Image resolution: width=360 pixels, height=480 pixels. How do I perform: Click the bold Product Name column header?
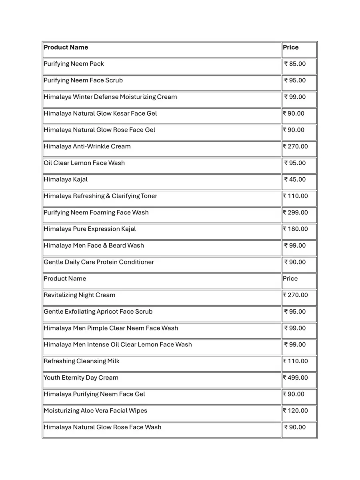pyautogui.click(x=66, y=48)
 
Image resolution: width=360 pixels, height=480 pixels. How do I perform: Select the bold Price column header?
pyautogui.click(x=291, y=48)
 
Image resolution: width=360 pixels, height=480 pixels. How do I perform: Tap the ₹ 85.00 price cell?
pyautogui.click(x=295, y=64)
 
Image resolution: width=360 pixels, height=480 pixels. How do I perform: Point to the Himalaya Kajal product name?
pyautogui.click(x=66, y=180)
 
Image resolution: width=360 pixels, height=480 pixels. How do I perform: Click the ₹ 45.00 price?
pyautogui.click(x=295, y=180)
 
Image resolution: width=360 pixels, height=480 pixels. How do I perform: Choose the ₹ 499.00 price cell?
pyautogui.click(x=296, y=378)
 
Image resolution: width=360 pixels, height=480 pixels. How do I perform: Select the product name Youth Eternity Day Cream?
pyautogui.click(x=81, y=378)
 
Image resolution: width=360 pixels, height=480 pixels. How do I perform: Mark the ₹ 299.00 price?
pyautogui.click(x=296, y=213)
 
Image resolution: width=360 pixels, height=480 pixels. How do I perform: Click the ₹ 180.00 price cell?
pyautogui.click(x=296, y=229)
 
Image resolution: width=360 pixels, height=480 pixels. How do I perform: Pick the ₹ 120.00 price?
pyautogui.click(x=296, y=411)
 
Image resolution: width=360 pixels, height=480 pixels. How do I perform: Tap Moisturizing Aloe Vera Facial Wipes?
pyautogui.click(x=96, y=411)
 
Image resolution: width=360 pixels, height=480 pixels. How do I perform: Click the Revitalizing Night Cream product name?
pyautogui.click(x=80, y=295)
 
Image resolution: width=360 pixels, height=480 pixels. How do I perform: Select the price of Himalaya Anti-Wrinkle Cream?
pyautogui.click(x=296, y=147)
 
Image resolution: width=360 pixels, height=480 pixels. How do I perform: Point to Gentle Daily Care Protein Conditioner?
pyautogui.click(x=99, y=262)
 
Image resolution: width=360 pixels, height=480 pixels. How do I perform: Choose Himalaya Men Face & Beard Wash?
pyautogui.click(x=94, y=246)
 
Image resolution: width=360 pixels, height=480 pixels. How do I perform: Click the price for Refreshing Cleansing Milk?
pyautogui.click(x=296, y=361)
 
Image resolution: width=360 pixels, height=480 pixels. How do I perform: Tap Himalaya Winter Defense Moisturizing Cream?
pyautogui.click(x=110, y=97)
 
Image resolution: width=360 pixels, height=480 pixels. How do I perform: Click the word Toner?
pyautogui.click(x=149, y=196)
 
